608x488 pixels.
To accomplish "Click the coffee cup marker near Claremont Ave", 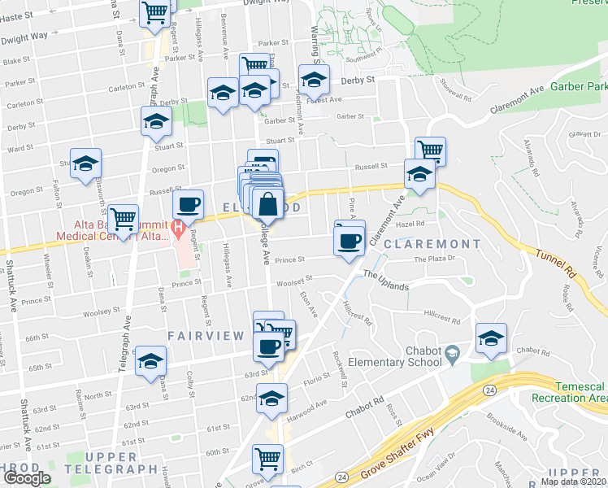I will point(350,242).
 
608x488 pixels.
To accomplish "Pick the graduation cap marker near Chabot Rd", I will point(492,339).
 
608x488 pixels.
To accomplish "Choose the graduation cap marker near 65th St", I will point(150,362).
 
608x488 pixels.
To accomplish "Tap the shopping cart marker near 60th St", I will point(267,460).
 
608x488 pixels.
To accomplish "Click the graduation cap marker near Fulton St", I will point(85,164).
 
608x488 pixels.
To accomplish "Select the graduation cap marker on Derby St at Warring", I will point(313,81).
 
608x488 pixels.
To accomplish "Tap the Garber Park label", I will point(579,86).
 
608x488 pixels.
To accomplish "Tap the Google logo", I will point(26,478).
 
